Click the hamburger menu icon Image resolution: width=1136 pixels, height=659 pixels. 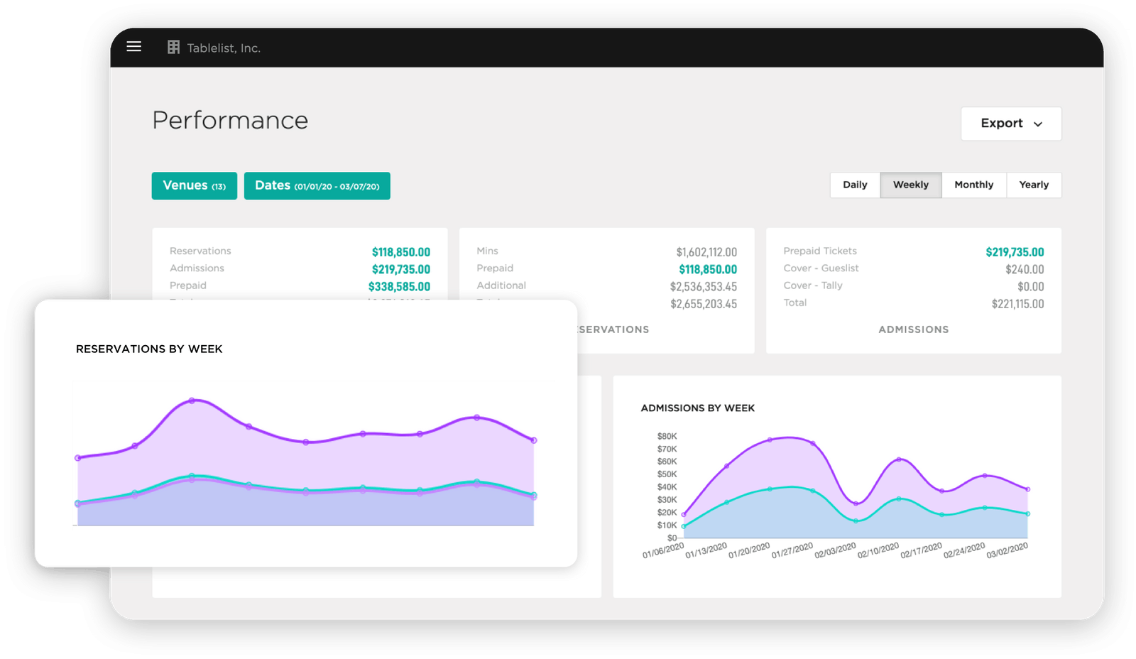[133, 47]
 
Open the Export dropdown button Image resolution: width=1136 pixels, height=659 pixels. [1010, 124]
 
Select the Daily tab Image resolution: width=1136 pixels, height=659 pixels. [855, 185]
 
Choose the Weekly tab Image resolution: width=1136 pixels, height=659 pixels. [910, 185]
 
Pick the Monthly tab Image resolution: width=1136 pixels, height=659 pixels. [973, 185]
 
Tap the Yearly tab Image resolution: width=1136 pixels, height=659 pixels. [1033, 185]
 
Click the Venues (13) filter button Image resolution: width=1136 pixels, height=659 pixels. [194, 185]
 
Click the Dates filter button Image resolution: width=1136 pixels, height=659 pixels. [317, 185]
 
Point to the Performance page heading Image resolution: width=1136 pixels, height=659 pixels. [230, 121]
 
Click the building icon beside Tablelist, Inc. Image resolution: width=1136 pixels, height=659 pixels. [173, 48]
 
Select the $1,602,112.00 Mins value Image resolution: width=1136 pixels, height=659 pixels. [706, 252]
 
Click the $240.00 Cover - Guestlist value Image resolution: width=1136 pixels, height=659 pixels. [1024, 269]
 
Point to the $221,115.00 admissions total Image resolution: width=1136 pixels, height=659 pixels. [1017, 304]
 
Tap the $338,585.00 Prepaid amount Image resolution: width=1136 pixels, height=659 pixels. [399, 287]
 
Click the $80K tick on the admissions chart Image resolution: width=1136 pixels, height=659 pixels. [667, 436]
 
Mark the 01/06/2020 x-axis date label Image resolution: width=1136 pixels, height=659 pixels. [663, 550]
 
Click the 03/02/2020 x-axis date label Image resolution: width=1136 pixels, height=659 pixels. [1007, 550]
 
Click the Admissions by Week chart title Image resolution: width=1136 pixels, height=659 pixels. [697, 408]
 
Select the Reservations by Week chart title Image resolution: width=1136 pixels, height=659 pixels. [149, 349]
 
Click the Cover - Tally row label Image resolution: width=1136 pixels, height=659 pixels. [812, 285]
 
